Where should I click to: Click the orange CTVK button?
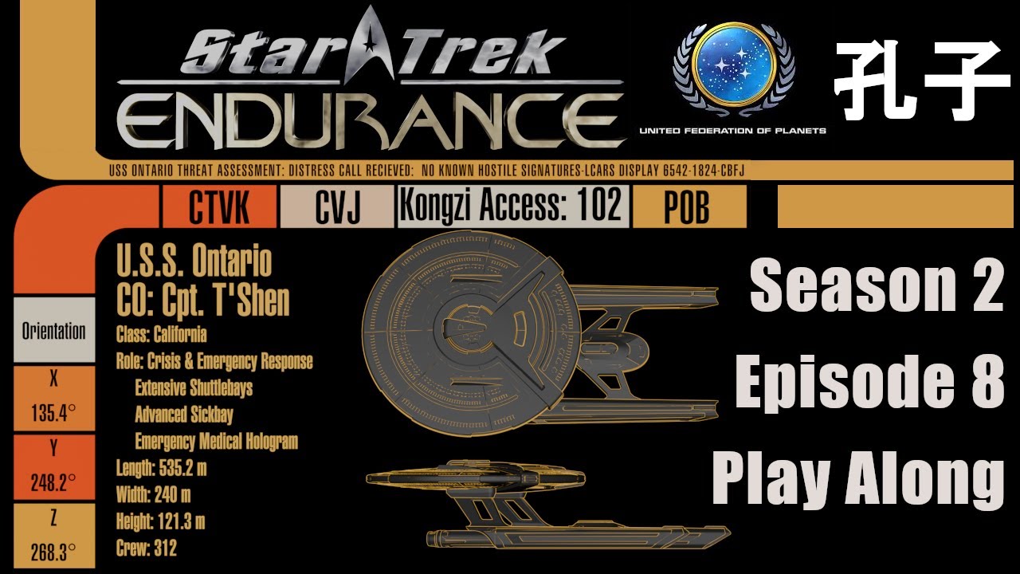tap(219, 206)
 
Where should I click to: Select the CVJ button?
tap(337, 206)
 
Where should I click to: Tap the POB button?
tap(689, 206)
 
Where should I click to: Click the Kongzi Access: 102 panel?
tap(513, 206)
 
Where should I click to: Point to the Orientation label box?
tap(54, 330)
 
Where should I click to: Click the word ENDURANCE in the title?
tap(371, 122)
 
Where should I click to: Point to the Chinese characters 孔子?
tap(921, 81)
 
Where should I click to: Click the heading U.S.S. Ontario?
tap(194, 261)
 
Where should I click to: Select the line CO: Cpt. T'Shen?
tap(202, 301)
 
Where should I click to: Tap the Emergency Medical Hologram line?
tap(216, 441)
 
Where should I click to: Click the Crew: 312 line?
tap(146, 548)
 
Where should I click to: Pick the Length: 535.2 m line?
tap(161, 468)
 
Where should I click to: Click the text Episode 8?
tap(869, 383)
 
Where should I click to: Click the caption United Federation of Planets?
tap(732, 131)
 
